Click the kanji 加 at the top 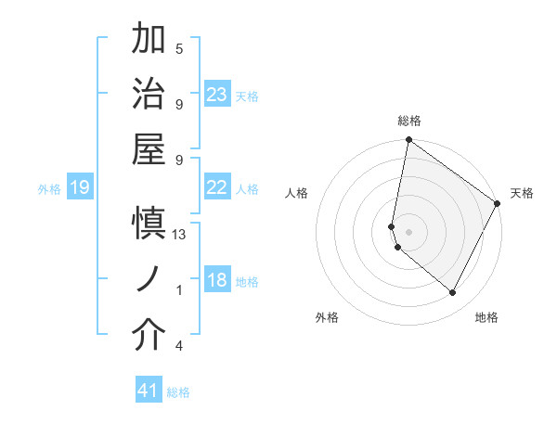(149, 40)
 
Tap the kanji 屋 (149, 148)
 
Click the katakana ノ (149, 279)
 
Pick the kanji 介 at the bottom (149, 336)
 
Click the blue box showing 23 (217, 95)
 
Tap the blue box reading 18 (217, 281)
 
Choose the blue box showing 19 (80, 188)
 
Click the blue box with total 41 (149, 391)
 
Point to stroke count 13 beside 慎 (179, 235)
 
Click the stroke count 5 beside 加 (179, 48)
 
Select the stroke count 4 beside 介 (179, 346)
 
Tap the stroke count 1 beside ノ (179, 290)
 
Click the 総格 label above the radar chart (409, 121)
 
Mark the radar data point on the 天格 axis (498, 204)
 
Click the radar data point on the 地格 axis (453, 293)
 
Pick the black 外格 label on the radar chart (327, 317)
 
